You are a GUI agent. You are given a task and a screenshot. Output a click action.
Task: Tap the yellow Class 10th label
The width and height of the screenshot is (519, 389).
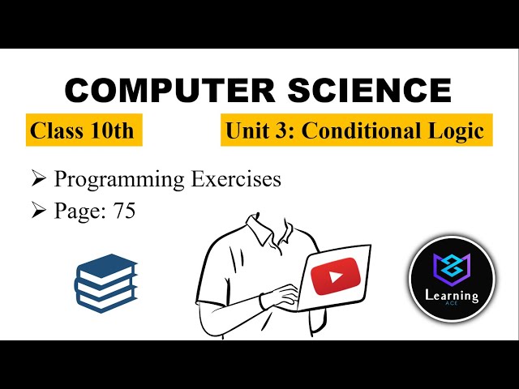tap(83, 130)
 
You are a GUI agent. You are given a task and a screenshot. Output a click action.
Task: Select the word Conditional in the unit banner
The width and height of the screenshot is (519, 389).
tap(380, 130)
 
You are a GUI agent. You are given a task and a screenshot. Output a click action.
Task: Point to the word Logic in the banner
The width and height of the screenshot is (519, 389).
tap(463, 130)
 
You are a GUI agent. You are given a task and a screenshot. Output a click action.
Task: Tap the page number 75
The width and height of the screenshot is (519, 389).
tap(123, 212)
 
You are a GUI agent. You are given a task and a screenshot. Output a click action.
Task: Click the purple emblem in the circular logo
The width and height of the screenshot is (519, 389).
tap(452, 267)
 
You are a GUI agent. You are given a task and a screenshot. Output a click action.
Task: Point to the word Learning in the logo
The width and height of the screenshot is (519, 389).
tap(452, 296)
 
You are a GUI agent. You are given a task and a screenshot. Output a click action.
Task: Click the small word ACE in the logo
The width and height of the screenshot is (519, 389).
tap(452, 307)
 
